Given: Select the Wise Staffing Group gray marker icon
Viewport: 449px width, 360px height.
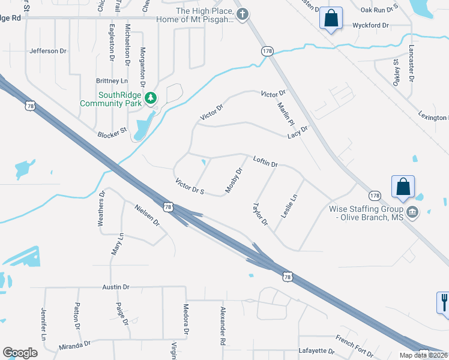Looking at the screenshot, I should (412, 211).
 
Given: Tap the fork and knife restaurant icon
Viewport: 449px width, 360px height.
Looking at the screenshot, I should (444, 302).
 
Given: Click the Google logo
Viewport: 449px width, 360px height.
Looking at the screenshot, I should (20, 353).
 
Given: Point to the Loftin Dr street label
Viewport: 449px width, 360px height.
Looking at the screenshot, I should (265, 161).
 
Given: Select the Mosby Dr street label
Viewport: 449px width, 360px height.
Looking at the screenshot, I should (234, 181).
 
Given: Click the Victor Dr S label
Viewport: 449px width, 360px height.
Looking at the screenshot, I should (190, 186).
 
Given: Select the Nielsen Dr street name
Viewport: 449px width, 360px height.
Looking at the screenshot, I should (147, 214).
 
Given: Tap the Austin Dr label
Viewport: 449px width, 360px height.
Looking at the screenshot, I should (116, 287).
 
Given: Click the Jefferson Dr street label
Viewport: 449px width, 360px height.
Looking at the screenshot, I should (48, 51).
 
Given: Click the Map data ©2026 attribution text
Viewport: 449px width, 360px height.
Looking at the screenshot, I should (422, 355).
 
